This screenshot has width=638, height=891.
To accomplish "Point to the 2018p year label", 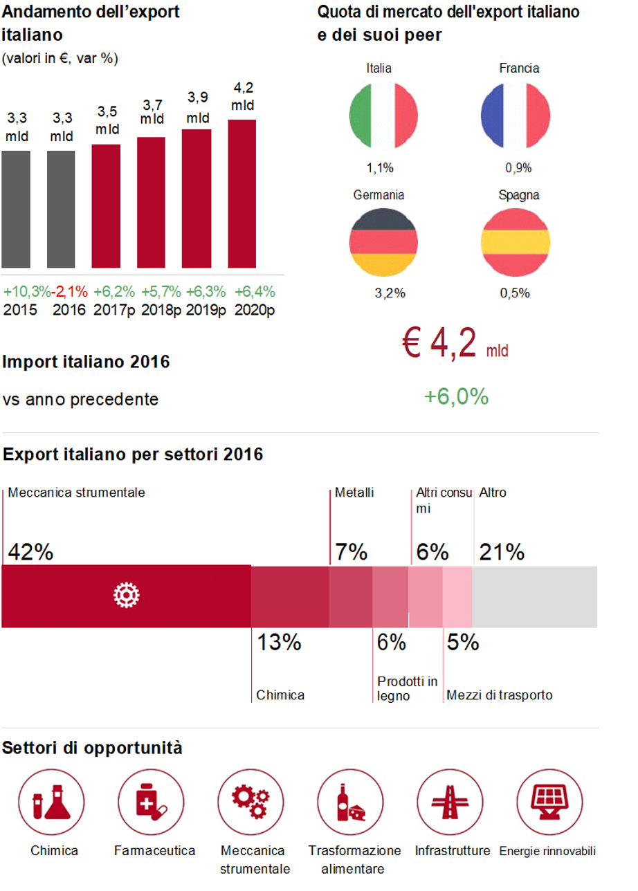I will (161, 310).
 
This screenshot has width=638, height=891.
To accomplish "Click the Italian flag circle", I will (384, 116).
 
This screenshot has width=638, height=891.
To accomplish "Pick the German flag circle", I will (384, 241).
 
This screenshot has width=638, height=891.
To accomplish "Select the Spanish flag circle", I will (516, 241).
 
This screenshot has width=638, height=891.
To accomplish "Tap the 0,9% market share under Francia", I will (518, 168).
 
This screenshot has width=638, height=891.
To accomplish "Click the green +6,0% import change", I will (456, 396).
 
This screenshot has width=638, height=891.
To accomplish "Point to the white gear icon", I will (127, 596).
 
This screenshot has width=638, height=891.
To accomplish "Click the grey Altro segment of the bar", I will (534, 596).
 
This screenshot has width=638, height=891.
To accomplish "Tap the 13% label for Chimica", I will (280, 643).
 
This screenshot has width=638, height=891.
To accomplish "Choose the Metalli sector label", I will (354, 493).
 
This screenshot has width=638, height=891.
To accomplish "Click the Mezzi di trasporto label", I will (500, 695).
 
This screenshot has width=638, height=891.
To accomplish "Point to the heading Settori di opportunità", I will (93, 748).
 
